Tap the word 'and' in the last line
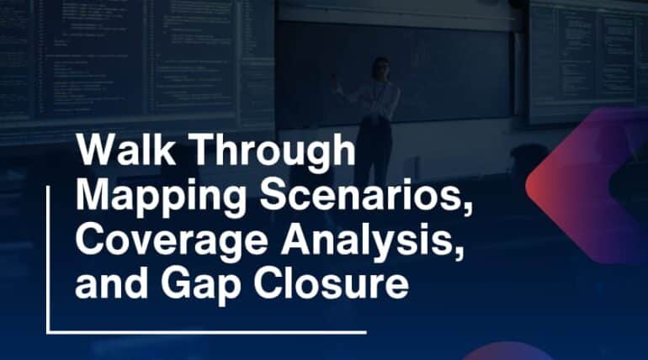(x=103, y=284)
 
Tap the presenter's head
(x=381, y=68)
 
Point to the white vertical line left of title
(x=47, y=244)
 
